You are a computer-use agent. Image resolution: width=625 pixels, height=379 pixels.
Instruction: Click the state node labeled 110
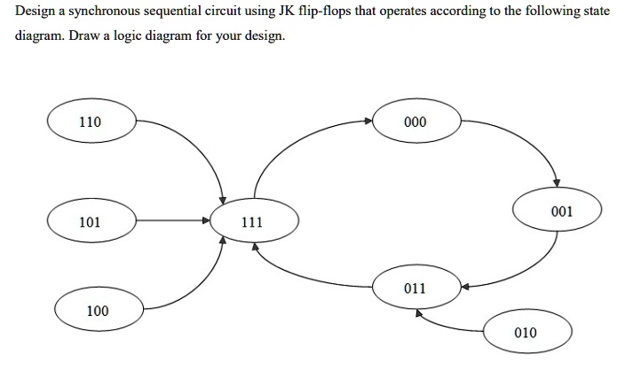tap(91, 122)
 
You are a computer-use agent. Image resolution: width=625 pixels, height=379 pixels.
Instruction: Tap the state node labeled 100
tap(98, 311)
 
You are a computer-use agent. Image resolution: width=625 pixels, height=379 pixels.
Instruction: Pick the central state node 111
tap(253, 223)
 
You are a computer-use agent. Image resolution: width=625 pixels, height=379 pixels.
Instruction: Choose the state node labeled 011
tap(415, 288)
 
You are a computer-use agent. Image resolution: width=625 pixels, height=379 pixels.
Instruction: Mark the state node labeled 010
tap(526, 333)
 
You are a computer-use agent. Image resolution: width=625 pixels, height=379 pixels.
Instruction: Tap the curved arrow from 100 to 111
tap(200, 284)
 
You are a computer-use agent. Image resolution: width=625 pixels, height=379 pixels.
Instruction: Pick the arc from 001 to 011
tap(524, 271)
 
